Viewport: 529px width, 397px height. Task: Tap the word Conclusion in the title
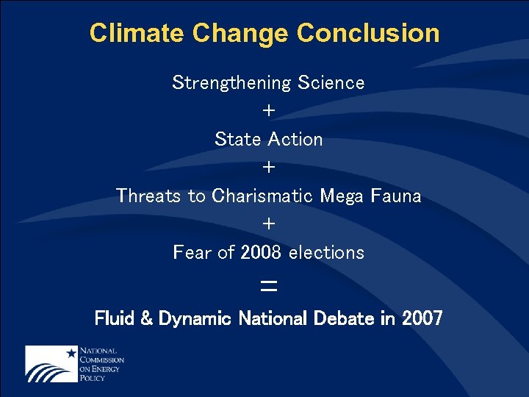click(x=368, y=33)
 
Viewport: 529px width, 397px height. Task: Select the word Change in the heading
click(x=243, y=33)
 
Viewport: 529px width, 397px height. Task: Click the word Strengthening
click(x=232, y=82)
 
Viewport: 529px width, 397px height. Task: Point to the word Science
click(x=331, y=82)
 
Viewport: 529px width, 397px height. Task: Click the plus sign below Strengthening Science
click(x=269, y=111)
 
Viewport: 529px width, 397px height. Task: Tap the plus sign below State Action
click(x=269, y=168)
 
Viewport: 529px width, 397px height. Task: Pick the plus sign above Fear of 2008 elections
click(x=269, y=223)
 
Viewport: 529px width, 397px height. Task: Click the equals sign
click(x=269, y=286)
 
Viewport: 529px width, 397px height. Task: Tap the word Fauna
click(x=397, y=196)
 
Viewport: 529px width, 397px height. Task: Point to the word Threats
click(x=151, y=196)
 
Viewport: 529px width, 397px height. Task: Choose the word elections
click(x=326, y=252)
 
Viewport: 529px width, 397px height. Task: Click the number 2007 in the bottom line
click(x=422, y=318)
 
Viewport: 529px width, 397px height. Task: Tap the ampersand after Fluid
click(x=145, y=319)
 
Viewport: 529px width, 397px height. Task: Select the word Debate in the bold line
click(x=348, y=318)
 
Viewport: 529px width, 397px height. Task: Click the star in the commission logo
click(x=71, y=353)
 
